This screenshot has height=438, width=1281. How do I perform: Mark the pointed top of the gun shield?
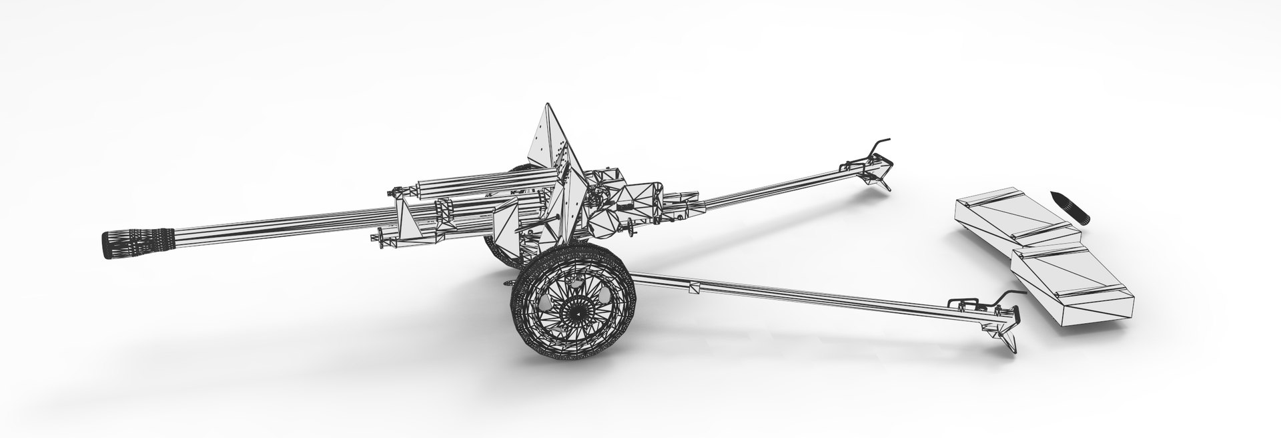pos(548,107)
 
